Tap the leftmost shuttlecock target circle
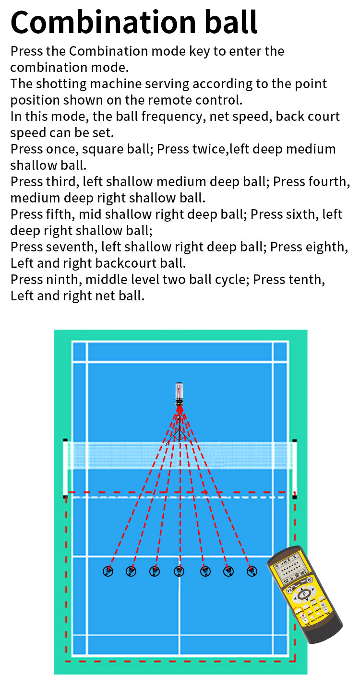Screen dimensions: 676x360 point(108,571)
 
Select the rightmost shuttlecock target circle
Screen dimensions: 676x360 point(252,571)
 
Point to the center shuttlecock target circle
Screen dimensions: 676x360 point(179,571)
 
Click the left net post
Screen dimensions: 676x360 point(65,468)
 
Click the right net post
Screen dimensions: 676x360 point(294,468)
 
